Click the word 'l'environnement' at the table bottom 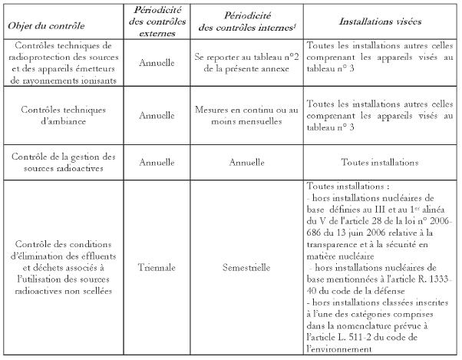pyautogui.click(x=338, y=348)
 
